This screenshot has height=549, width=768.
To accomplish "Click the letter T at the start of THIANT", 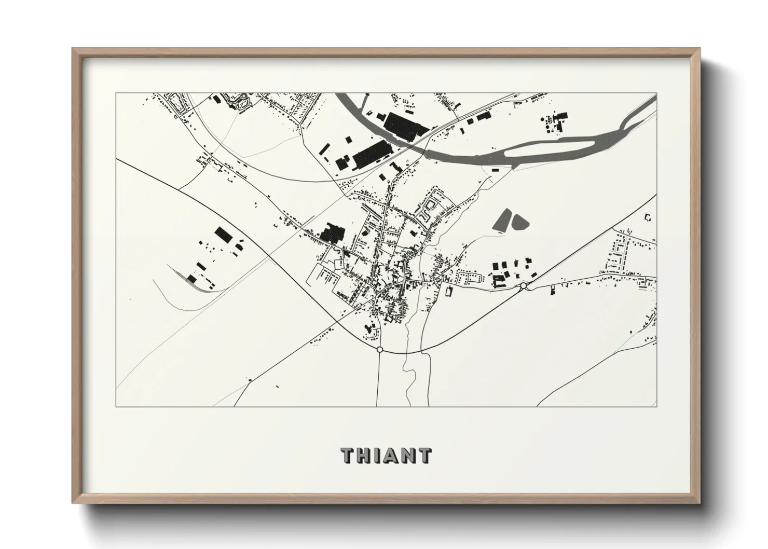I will (348, 456).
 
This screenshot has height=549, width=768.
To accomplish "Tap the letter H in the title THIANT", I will (364, 456).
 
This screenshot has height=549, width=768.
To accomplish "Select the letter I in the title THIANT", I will (378, 456).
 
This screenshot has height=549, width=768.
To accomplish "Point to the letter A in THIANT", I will (392, 456).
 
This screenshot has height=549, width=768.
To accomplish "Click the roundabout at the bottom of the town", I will (380, 350).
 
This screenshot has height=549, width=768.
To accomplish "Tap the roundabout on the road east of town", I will (524, 285).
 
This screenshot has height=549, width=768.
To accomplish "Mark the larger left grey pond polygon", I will (501, 220).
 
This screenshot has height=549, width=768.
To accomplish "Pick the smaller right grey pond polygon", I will (520, 222).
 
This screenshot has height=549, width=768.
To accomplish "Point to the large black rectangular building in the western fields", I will (224, 235).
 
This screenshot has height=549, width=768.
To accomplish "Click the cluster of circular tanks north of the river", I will (548, 122).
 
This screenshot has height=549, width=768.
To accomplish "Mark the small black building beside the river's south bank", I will (495, 169).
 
